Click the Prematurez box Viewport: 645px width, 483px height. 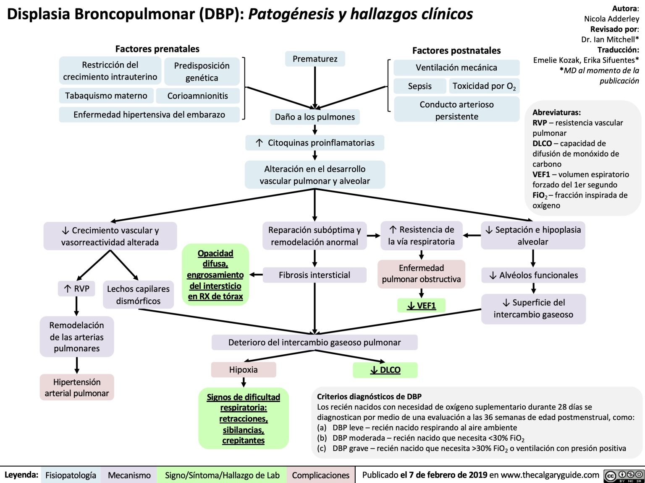(315, 59)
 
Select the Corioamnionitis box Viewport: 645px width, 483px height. (197, 96)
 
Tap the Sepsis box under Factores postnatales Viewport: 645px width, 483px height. (420, 86)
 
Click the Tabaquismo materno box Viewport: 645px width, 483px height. (106, 96)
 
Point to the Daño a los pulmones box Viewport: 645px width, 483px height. (315, 117)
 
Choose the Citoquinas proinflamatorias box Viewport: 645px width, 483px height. (315, 143)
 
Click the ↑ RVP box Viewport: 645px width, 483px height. (76, 289)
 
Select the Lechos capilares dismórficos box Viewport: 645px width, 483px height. (138, 295)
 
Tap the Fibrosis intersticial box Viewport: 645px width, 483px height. (314, 275)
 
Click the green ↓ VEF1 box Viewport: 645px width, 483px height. (421, 306)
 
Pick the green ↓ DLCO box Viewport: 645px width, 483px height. (385, 370)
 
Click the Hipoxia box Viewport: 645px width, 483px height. (244, 370)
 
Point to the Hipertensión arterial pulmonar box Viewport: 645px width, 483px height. (77, 387)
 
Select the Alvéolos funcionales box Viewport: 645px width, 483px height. (533, 275)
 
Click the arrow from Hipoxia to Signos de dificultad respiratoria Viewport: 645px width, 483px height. (244, 382)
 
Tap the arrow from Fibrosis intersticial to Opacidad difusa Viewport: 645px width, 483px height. (256, 275)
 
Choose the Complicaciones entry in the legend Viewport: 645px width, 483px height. (320, 475)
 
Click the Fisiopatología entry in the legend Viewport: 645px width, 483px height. (71, 475)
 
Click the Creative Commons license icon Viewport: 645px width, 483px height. (624, 475)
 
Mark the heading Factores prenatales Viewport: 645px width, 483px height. (157, 49)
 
